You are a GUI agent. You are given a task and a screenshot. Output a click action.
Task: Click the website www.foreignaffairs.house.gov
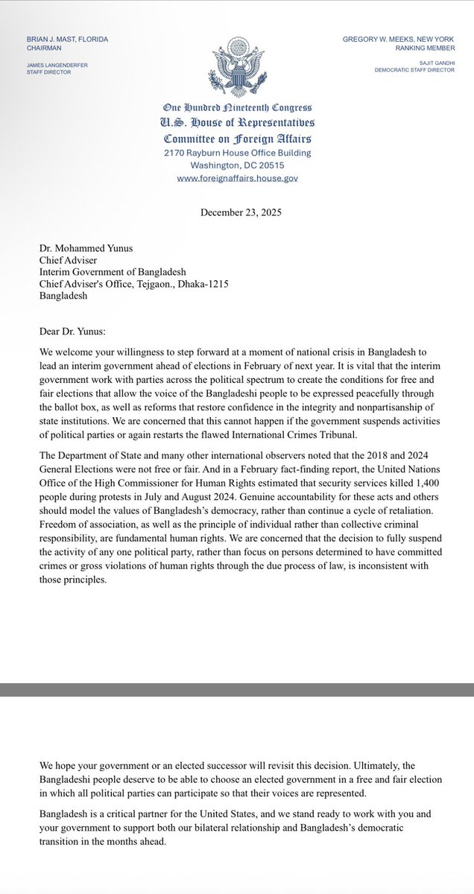tap(237, 179)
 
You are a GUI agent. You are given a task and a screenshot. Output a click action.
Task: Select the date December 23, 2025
tap(241, 212)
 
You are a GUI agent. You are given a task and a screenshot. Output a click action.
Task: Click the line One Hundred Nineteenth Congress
tap(236, 109)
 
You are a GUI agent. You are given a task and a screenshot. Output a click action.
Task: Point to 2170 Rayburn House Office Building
tap(236, 153)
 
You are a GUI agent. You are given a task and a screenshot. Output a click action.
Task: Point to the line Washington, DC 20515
tap(236, 166)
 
